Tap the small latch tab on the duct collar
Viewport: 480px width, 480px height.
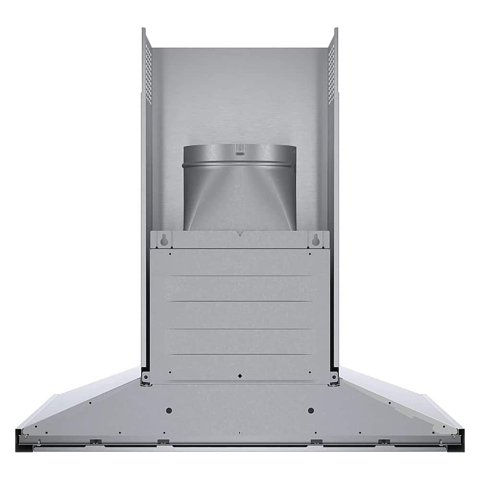tap(239, 151)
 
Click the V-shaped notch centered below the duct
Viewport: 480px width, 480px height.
tap(240, 235)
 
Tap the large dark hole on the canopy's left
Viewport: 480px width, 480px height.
tap(168, 410)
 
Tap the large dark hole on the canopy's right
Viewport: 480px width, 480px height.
tap(311, 410)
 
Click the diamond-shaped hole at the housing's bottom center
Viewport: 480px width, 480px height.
tap(240, 375)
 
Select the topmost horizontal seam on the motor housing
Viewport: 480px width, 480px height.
tap(240, 276)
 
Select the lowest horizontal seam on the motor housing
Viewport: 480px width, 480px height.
tap(240, 355)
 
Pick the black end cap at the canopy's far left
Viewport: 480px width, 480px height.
tap(19, 439)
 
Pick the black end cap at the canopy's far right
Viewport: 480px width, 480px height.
tap(460, 439)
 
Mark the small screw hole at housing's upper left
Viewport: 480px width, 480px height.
tap(169, 254)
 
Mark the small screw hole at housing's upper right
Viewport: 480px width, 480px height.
tap(310, 254)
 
